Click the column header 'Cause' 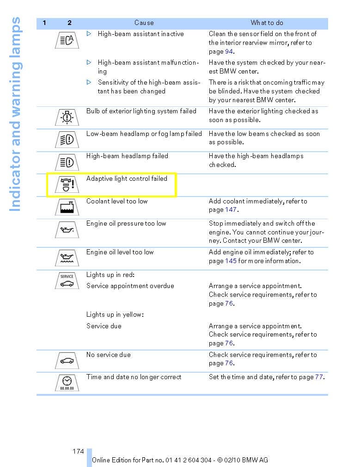(x=144, y=23)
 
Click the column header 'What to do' (x=267, y=23)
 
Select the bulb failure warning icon (x=67, y=117)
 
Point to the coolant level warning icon (x=67, y=207)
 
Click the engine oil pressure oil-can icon (x=67, y=230)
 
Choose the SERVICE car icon (x=67, y=281)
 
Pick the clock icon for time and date (x=67, y=383)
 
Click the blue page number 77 (x=319, y=377)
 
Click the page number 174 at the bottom (x=78, y=451)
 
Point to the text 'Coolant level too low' (x=117, y=201)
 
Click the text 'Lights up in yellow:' (x=115, y=314)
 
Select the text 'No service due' (x=109, y=355)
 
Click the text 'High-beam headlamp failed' (x=127, y=156)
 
